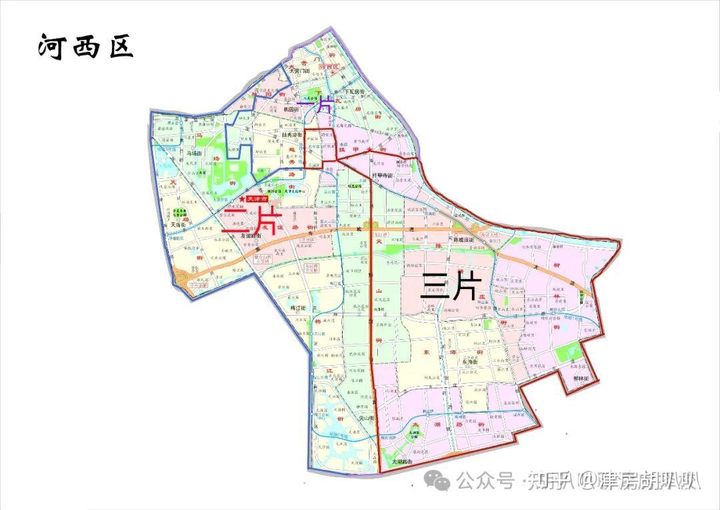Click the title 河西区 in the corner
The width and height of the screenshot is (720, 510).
[85, 47]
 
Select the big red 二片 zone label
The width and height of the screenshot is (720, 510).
[252, 219]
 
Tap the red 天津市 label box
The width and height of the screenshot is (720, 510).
[257, 199]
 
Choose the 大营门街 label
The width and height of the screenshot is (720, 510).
[298, 70]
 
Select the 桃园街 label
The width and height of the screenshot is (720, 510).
[294, 108]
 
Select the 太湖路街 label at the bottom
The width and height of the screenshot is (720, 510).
[402, 461]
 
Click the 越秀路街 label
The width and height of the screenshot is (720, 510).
[291, 134]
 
